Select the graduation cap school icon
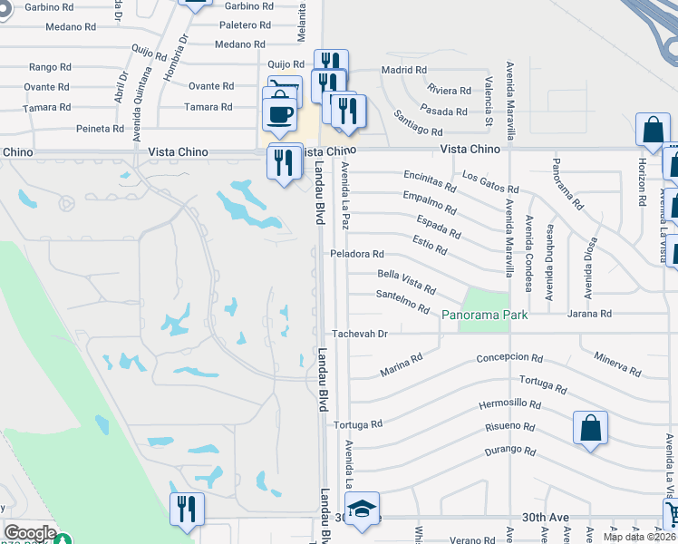coord(362,509)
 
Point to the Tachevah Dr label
coord(360,334)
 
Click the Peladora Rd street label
coord(357,254)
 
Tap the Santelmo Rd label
coord(402,301)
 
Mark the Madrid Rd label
coord(403,70)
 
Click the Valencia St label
coord(489,102)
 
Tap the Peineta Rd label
coord(100,129)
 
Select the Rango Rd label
coord(50,67)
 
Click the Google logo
coord(30,533)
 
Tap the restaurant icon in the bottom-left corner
coord(187,508)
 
